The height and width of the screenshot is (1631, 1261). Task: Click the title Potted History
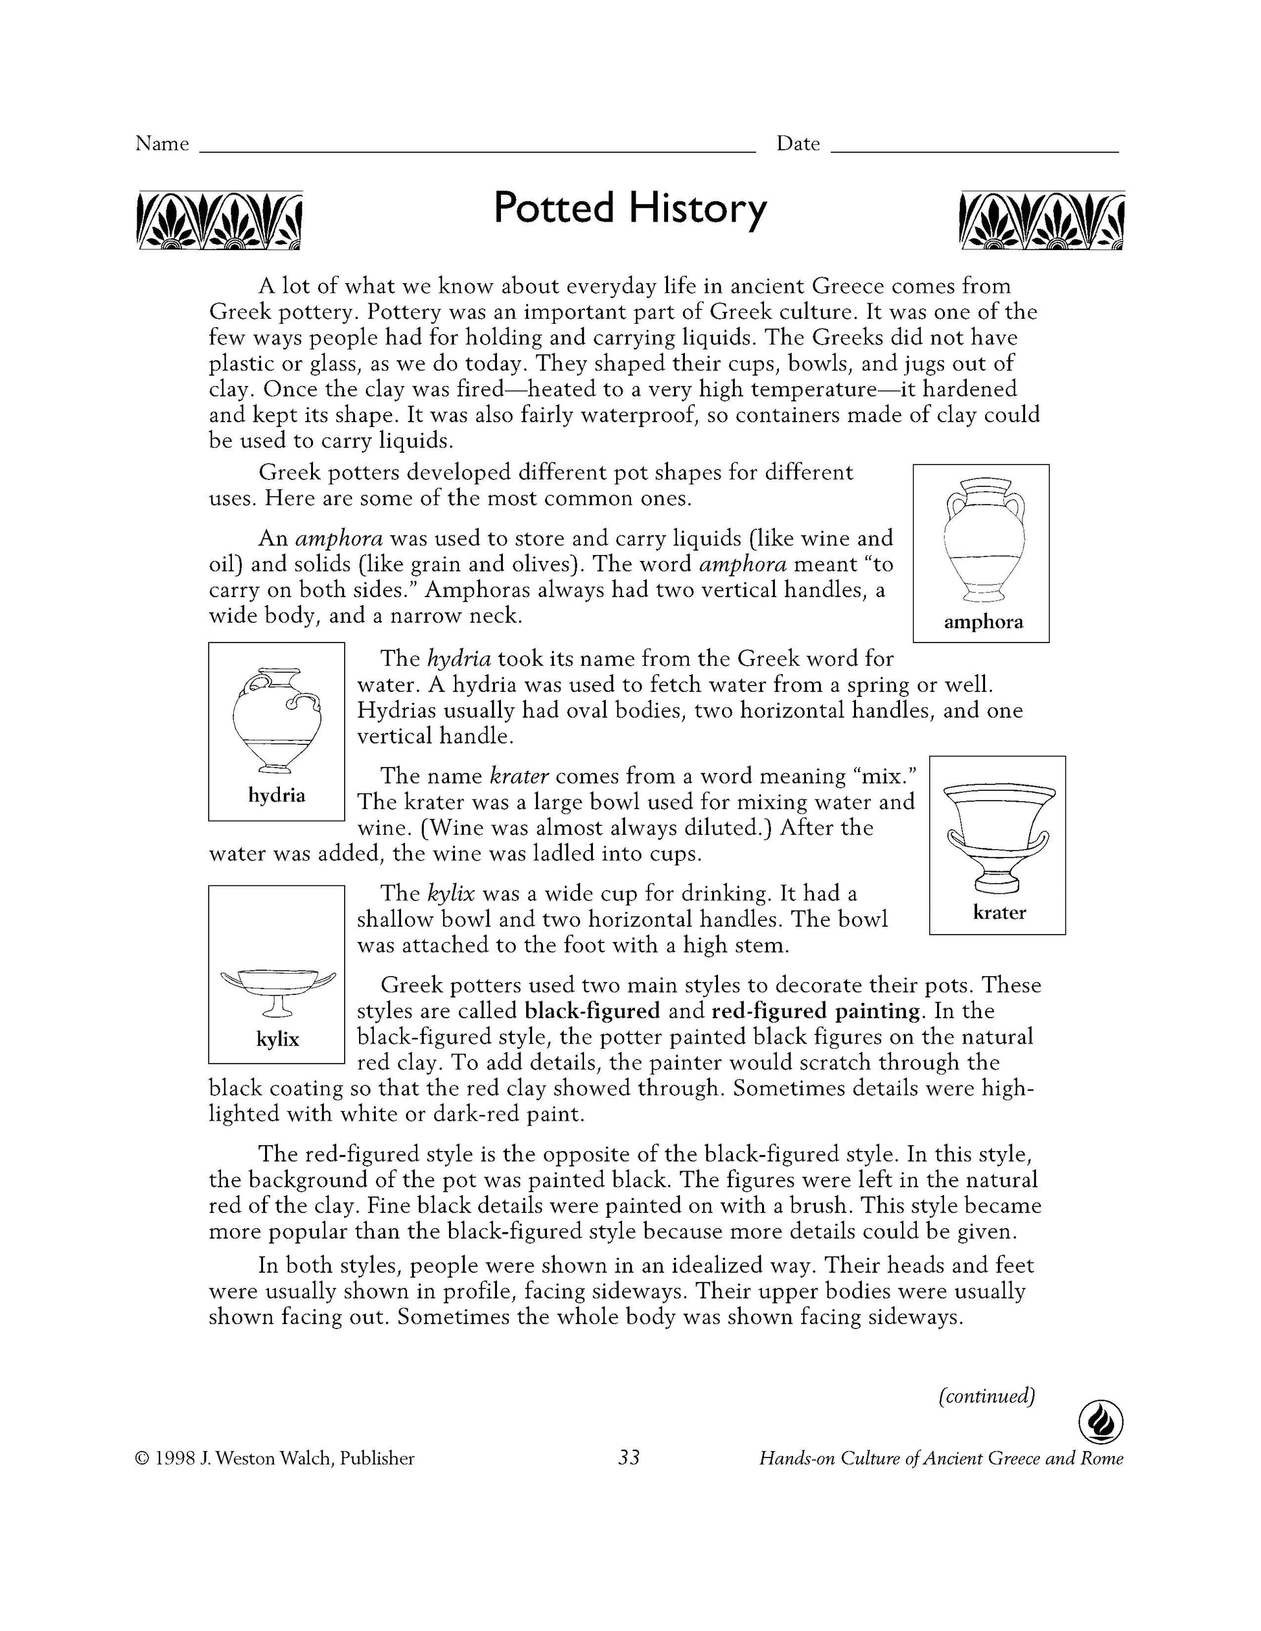630,209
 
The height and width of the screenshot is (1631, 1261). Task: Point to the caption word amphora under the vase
982,622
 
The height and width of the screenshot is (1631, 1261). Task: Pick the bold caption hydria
277,795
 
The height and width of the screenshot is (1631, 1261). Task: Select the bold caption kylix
277,1039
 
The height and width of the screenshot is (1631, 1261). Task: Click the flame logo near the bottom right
1100,1423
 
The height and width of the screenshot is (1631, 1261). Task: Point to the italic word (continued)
986,1396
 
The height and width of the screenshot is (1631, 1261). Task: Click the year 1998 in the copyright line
175,1459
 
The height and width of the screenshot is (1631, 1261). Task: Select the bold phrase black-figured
592,1011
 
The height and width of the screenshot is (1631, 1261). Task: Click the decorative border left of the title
220,220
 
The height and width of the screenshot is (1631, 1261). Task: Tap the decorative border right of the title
1041,220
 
